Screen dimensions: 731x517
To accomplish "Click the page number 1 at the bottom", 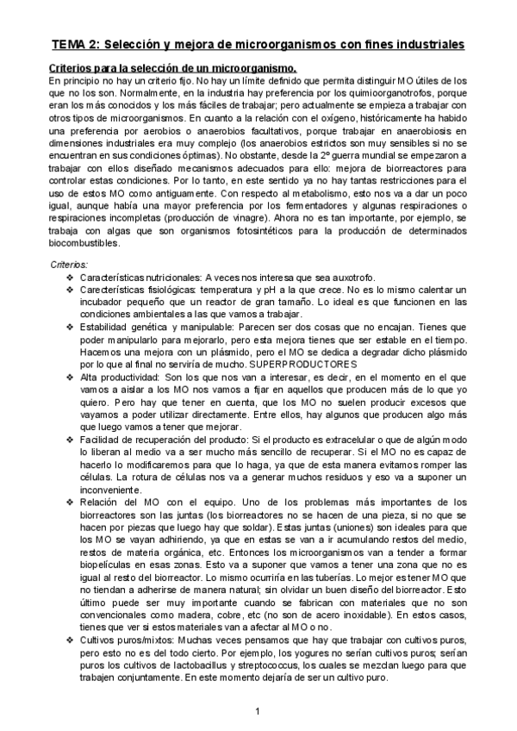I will pos(258,710).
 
